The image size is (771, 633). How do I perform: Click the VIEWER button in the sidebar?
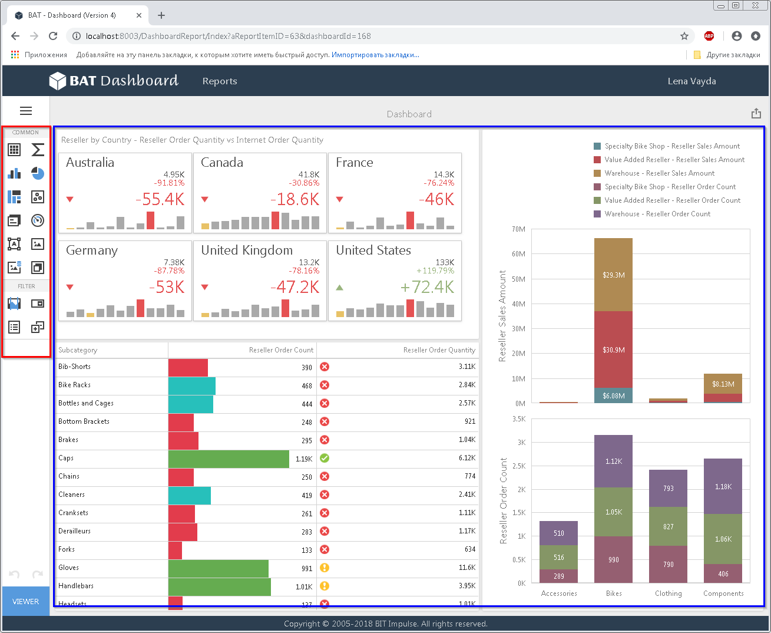coord(25,601)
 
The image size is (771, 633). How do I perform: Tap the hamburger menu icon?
coord(26,110)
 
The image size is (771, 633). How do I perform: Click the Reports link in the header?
coord(220,81)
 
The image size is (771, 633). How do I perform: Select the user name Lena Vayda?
coord(691,81)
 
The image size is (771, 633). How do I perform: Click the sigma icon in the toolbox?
coord(38,150)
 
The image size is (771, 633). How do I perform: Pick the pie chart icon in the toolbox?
coord(38,173)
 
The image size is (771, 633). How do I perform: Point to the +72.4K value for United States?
coord(427,287)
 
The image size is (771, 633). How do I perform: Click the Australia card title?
coord(90,162)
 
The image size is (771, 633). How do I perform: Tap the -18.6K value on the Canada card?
coord(294,199)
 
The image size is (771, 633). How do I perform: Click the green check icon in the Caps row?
coord(325,458)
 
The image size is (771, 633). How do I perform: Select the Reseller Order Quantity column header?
coord(439,350)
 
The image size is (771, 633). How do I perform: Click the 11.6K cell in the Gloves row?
coord(467,568)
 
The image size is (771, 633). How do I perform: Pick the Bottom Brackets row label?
coord(84,421)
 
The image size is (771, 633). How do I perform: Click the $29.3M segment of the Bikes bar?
coord(613,275)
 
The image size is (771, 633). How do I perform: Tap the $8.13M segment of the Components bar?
coord(723,384)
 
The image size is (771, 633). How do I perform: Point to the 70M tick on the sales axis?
coord(518,229)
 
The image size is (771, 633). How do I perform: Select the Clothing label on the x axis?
coord(668,593)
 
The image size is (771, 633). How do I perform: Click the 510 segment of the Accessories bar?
coord(558,533)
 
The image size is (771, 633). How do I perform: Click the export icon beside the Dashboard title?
coord(756,113)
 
